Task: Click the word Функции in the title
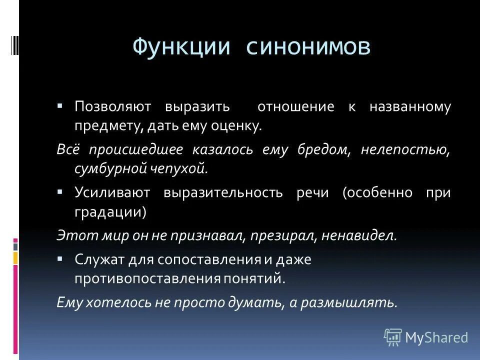181,47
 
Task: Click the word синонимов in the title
308,47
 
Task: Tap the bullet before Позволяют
60,107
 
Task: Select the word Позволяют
111,107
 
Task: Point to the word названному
410,107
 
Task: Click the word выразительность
222,192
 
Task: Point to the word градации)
110,211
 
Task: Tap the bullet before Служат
60,259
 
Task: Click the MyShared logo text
436,337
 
